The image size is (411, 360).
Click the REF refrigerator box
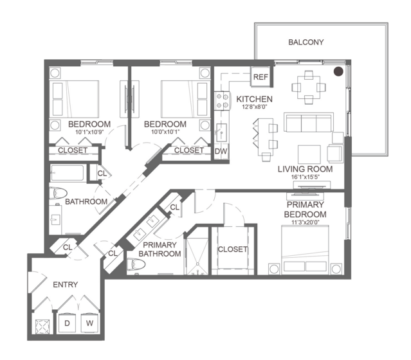[260, 76]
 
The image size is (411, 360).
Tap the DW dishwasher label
[221, 152]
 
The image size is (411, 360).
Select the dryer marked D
[67, 323]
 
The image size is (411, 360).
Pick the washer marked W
[89, 323]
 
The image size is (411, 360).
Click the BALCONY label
[306, 42]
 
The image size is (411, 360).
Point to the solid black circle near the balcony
[338, 71]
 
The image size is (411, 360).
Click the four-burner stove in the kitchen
[223, 101]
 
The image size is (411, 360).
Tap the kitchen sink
[221, 132]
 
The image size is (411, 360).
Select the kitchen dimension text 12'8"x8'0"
[255, 107]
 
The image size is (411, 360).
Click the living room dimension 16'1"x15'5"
[306, 177]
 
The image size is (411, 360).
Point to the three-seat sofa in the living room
[309, 123]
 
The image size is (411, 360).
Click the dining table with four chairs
[309, 87]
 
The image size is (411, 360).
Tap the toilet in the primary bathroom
[136, 264]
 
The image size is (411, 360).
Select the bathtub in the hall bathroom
[68, 173]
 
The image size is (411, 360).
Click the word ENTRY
[65, 285]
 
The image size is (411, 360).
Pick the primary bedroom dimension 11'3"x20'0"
[306, 222]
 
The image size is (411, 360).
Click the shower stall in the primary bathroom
[197, 256]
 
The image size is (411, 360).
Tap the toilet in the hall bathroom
[58, 194]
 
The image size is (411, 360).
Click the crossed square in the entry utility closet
[42, 327]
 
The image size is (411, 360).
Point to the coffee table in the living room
[309, 154]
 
